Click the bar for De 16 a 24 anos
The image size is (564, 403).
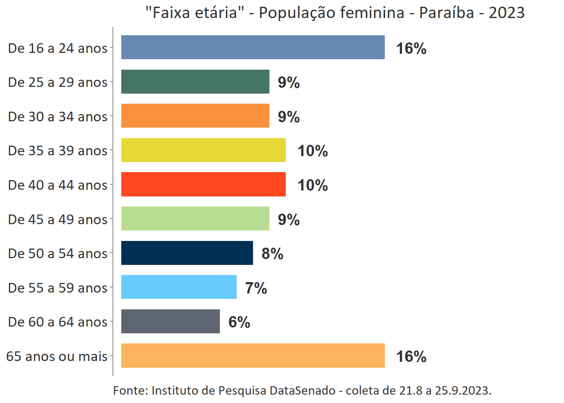253,47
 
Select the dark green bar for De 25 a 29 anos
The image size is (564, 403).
195,82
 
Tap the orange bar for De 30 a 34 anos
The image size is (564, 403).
195,116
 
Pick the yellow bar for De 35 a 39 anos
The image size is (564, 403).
203,150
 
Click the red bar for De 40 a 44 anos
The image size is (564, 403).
203,184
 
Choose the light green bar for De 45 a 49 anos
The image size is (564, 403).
195,219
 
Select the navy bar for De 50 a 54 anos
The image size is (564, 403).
187,253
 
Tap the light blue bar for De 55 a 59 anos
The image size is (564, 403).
179,287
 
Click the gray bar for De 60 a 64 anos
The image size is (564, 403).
170,322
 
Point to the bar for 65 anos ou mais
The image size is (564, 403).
253,356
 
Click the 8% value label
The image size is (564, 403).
272,254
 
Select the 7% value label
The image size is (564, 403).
256,288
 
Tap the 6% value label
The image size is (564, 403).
239,322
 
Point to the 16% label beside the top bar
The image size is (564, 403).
411,48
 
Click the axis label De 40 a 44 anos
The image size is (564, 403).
58,185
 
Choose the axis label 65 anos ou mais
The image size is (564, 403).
57,356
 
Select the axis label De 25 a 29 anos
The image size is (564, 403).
58,82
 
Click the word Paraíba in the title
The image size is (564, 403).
446,13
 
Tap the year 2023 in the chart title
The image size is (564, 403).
507,13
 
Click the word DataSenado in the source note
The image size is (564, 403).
303,391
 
